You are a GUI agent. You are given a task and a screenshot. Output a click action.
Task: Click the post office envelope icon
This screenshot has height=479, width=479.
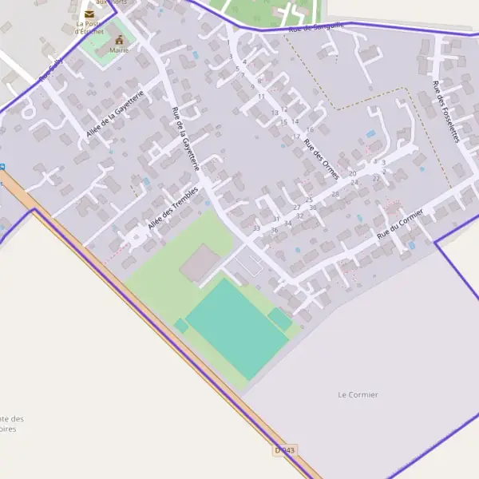(x=89, y=14)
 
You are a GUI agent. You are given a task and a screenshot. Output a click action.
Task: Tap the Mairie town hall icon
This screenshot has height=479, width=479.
(x=120, y=40)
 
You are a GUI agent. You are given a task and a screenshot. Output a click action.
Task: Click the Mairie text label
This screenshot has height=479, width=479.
(x=119, y=50)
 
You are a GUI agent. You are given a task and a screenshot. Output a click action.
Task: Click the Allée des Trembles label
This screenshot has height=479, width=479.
(x=172, y=206)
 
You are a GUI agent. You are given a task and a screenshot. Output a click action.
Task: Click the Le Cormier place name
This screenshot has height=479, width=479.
(x=358, y=394)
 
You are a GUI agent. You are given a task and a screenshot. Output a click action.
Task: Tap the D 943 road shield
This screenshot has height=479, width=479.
(x=285, y=450)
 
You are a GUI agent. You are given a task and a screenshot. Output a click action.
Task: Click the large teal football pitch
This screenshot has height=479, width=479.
(x=236, y=328)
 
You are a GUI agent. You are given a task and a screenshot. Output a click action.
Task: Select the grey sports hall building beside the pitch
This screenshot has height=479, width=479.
(x=200, y=264)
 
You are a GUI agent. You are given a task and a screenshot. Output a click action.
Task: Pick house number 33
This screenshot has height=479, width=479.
(x=256, y=228)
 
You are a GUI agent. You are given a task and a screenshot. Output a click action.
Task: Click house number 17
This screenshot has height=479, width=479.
(x=296, y=137)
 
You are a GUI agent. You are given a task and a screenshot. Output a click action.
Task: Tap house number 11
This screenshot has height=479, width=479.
(x=261, y=96)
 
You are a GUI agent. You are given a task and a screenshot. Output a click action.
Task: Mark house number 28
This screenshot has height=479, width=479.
(x=335, y=194)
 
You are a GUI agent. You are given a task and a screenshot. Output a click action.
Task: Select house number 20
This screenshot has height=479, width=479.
(x=353, y=173)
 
